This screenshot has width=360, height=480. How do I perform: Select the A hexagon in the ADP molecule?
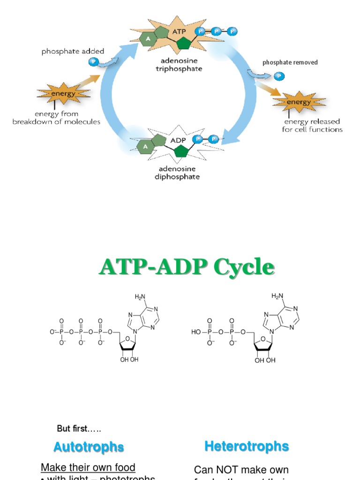click(144, 147)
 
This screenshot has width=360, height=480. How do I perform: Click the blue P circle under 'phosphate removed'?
click(279, 76)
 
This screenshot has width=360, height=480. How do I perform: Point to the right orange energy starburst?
click(298, 102)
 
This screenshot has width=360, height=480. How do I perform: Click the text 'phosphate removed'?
click(290, 62)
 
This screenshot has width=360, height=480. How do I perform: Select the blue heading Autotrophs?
click(89, 447)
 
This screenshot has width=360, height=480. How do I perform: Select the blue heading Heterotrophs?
click(247, 446)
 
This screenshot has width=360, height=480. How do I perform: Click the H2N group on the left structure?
click(141, 296)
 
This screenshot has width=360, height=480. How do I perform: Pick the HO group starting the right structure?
click(196, 331)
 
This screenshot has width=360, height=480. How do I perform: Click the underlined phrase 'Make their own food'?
click(88, 467)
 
